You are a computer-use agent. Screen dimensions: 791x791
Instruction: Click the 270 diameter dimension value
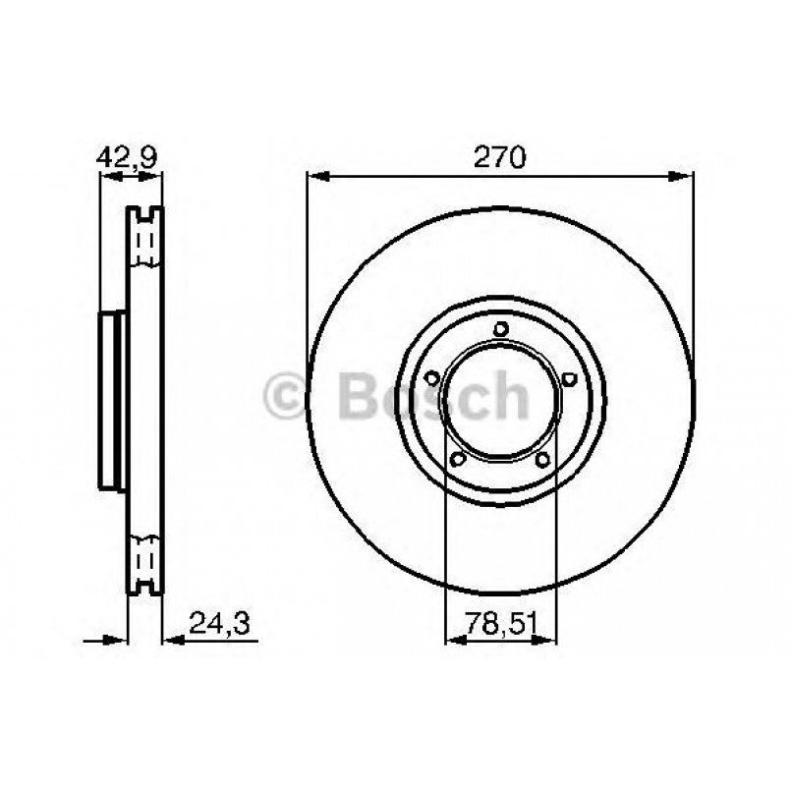tap(501, 156)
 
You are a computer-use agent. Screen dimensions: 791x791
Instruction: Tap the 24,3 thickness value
tap(216, 620)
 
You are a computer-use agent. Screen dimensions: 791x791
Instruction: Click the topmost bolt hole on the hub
tap(501, 329)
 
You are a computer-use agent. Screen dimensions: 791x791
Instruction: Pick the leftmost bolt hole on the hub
tap(430, 377)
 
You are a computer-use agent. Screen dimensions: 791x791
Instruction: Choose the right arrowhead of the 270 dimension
tap(686, 177)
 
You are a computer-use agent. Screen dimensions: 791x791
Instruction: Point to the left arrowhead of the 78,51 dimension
tap(455, 641)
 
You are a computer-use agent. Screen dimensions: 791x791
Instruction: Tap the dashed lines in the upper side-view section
tap(145, 242)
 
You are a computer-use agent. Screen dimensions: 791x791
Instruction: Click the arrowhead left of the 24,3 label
tap(172, 641)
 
